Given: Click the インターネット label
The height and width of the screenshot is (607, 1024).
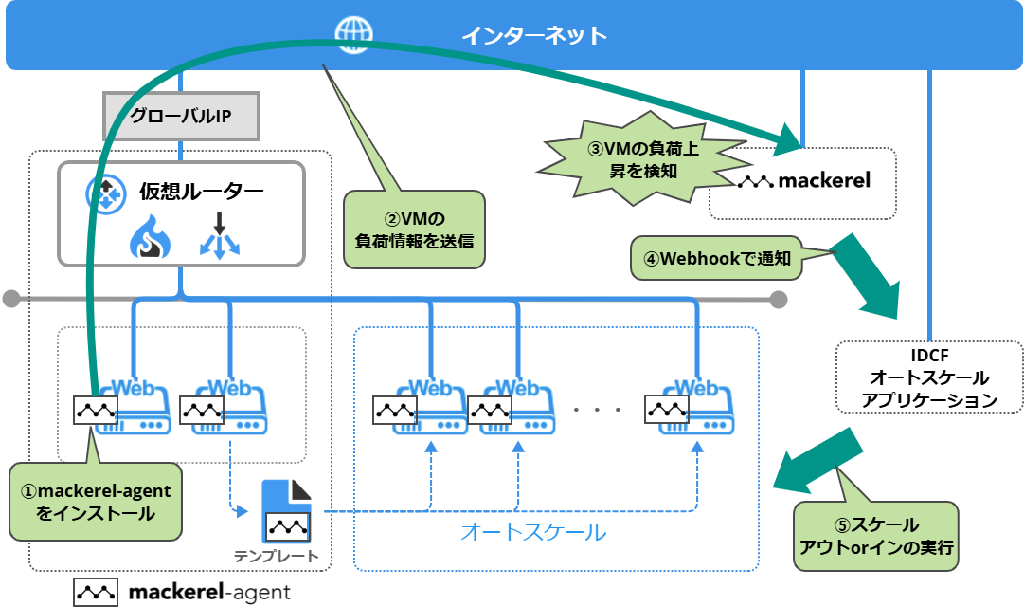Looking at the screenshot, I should [x=533, y=36].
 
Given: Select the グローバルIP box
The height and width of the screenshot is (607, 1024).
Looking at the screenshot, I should [x=180, y=118].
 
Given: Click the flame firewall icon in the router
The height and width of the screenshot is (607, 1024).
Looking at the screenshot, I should [x=149, y=237].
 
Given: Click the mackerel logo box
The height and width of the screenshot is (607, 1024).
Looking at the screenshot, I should [x=803, y=180].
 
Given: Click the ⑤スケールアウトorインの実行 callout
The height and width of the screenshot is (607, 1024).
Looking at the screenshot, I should [x=876, y=536].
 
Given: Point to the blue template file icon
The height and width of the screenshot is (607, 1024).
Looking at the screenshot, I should [x=286, y=512].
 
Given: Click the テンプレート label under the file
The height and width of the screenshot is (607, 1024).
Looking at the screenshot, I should [x=277, y=556].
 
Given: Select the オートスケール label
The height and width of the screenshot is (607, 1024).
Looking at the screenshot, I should [x=532, y=532].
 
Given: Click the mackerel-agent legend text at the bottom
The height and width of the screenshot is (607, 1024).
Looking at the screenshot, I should [x=210, y=593].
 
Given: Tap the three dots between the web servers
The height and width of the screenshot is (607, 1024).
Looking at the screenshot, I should [x=597, y=410].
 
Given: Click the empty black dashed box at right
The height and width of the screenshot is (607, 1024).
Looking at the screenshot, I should [x=928, y=377].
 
